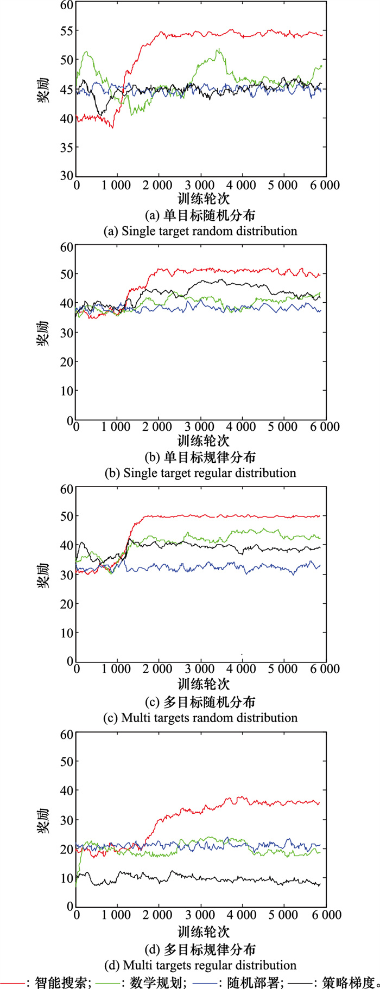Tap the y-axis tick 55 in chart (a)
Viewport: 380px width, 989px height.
pos(66,31)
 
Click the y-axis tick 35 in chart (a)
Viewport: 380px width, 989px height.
pos(66,148)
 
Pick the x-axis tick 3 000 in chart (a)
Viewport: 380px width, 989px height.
pos(200,186)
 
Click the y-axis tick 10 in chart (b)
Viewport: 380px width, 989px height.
pos(66,391)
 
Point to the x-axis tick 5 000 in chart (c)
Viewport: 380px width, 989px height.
pos(283,669)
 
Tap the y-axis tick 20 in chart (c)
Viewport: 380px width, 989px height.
pos(66,604)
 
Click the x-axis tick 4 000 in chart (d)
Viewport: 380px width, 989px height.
pos(242,915)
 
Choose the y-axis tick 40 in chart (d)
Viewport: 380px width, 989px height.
pos(66,791)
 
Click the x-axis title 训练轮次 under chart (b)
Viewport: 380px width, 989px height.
pos(203,441)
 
